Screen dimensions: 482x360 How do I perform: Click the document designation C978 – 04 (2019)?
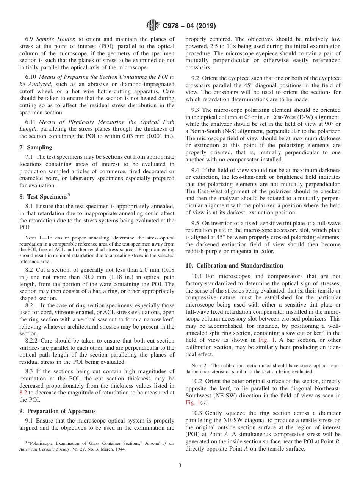pos(189,26)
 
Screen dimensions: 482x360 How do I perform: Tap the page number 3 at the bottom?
pos(180,466)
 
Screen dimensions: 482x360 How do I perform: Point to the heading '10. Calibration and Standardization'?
pos(234,266)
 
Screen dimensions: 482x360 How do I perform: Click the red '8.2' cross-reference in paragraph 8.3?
pos(23,393)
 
